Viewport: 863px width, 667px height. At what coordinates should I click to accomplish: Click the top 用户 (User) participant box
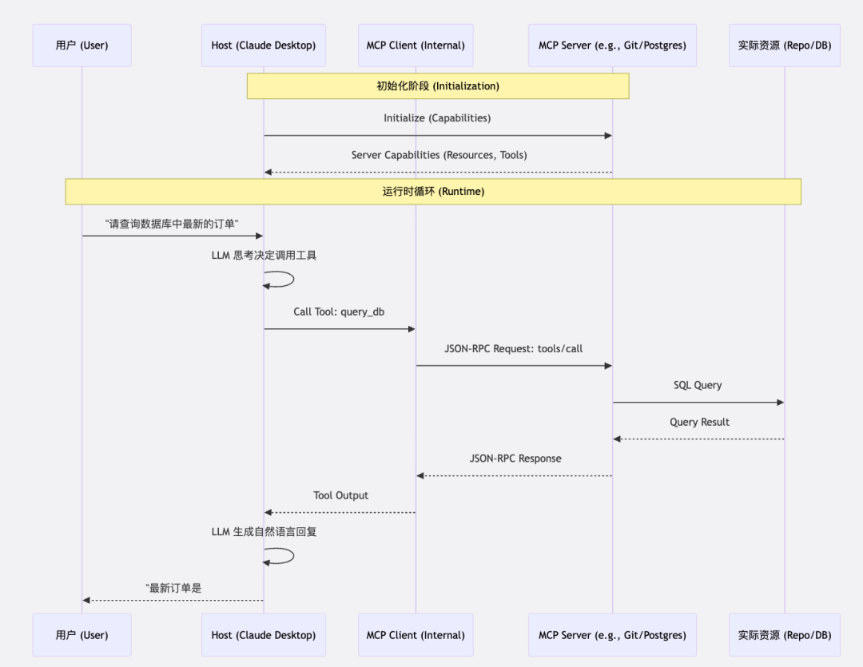(x=82, y=46)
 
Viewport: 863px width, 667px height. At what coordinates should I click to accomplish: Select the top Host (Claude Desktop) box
(x=263, y=46)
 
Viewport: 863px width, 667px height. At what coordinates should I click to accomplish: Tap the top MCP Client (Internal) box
(x=416, y=46)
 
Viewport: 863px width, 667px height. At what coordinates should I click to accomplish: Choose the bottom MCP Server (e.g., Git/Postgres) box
(x=612, y=635)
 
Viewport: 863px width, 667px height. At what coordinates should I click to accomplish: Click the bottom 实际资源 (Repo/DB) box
(x=784, y=635)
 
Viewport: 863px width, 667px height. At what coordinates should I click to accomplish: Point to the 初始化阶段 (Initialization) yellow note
(x=438, y=86)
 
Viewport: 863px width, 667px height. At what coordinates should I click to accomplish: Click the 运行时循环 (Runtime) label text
(x=433, y=192)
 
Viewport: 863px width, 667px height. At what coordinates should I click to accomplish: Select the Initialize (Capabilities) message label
(x=437, y=118)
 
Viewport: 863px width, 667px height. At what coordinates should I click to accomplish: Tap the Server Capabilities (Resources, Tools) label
(x=439, y=155)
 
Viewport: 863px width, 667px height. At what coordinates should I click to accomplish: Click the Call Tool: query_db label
(x=339, y=312)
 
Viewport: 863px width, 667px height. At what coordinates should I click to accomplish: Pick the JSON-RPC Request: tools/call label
(x=514, y=349)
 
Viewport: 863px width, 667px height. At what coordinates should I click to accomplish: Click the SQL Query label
(x=698, y=385)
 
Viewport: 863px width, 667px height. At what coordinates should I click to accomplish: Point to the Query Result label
(x=699, y=422)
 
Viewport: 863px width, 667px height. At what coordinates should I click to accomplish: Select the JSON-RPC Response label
(x=515, y=459)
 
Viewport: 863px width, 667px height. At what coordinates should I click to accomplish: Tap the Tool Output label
(x=340, y=495)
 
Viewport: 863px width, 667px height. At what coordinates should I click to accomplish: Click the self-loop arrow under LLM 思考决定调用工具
(x=281, y=279)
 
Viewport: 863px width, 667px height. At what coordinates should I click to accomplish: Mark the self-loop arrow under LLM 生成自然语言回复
(x=281, y=555)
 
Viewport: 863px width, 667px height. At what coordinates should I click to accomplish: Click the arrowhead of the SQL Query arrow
(x=780, y=403)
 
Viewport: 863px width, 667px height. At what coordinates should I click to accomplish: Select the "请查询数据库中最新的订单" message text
(x=172, y=224)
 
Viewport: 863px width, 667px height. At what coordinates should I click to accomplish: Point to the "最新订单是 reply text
(x=173, y=588)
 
